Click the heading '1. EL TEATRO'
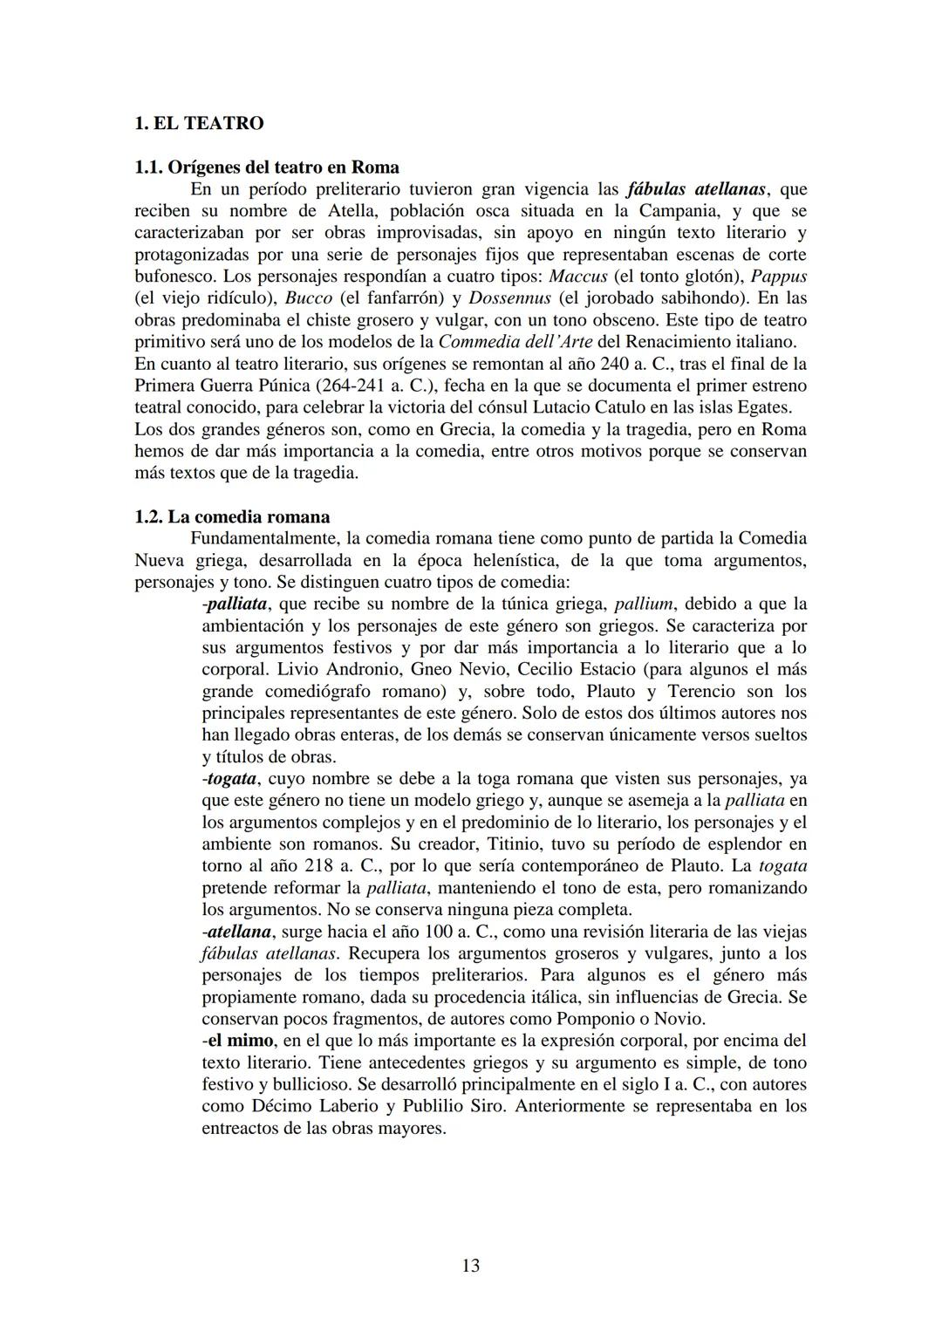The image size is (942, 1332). pyautogui.click(x=199, y=123)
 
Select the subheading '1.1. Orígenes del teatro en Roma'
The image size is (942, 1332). pyautogui.click(x=267, y=167)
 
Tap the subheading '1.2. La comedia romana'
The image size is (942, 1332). pyautogui.click(x=232, y=516)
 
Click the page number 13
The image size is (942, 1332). pyautogui.click(x=470, y=1265)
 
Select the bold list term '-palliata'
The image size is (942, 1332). pyautogui.click(x=235, y=604)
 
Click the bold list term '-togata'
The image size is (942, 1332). pyautogui.click(x=229, y=778)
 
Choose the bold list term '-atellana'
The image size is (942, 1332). pyautogui.click(x=235, y=932)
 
